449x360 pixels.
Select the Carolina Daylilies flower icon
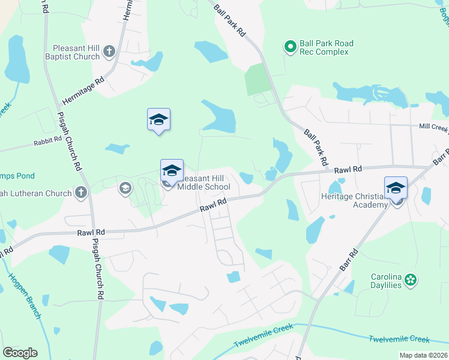coord(411,280)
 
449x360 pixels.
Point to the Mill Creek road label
coord(433,127)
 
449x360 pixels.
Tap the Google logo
coord(20,353)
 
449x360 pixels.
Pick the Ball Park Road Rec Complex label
coord(327,47)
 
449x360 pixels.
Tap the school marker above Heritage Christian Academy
coord(396,187)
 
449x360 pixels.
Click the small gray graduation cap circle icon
coord(125,188)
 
